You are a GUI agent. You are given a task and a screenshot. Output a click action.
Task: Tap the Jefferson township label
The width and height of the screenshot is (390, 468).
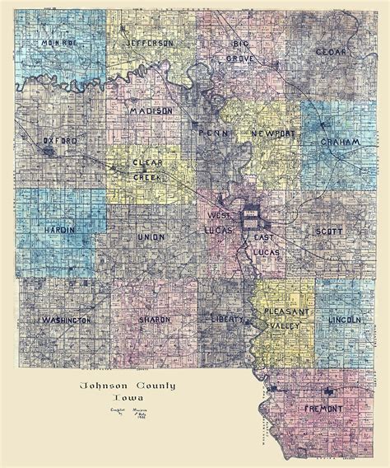(x=151, y=42)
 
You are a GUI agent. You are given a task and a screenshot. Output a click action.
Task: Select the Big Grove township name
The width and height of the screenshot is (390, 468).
(x=240, y=51)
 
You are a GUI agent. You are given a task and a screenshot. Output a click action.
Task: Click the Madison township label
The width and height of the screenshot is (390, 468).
(x=151, y=110)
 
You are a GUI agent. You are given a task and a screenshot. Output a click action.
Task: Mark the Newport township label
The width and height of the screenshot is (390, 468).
(x=272, y=133)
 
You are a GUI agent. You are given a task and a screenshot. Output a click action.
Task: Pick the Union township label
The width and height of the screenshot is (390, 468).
(x=151, y=236)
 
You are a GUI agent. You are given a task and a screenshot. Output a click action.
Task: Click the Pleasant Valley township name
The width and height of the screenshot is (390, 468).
(x=283, y=319)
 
